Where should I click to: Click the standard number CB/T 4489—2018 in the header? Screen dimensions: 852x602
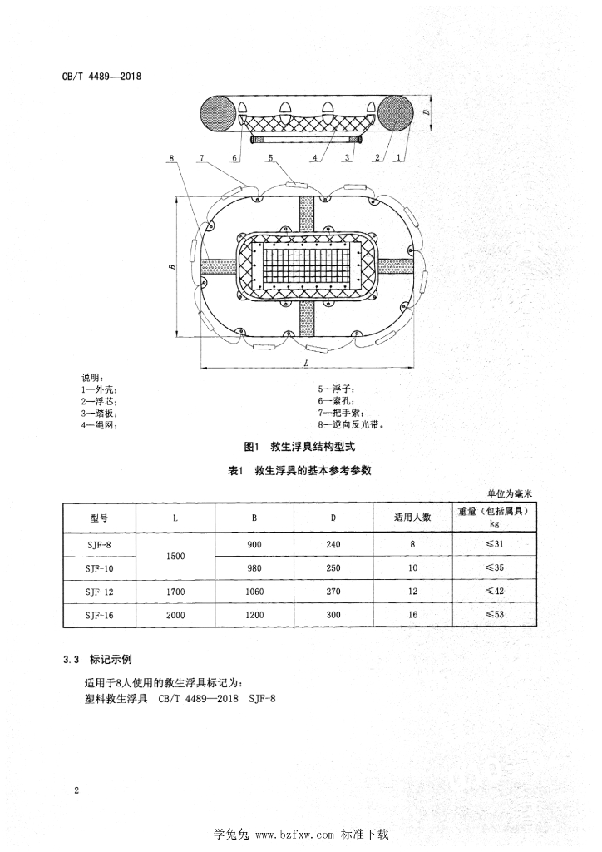[x=102, y=77]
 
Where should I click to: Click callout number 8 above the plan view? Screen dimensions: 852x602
[x=170, y=158]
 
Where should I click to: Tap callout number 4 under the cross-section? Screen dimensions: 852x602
[x=316, y=156]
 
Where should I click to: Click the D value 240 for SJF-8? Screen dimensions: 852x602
[x=333, y=545]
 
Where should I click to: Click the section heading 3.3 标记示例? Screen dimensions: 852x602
[x=97, y=661]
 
